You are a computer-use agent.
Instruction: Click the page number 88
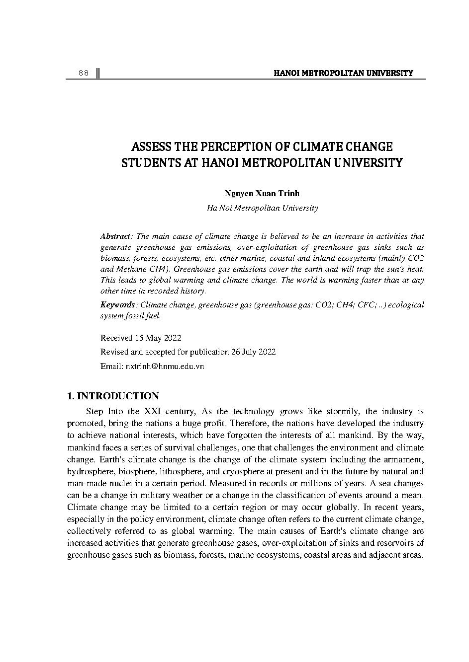(83, 74)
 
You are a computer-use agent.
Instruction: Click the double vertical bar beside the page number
(98, 74)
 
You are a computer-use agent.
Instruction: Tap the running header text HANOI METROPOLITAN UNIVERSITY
(343, 74)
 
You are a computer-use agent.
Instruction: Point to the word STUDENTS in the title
(147, 162)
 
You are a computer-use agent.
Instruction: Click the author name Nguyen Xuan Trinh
(262, 194)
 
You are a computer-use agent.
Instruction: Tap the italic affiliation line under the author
(262, 208)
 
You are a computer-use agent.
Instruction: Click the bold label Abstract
(116, 236)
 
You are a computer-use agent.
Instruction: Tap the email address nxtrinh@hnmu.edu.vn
(164, 367)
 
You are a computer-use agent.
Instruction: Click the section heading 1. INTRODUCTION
(113, 396)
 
